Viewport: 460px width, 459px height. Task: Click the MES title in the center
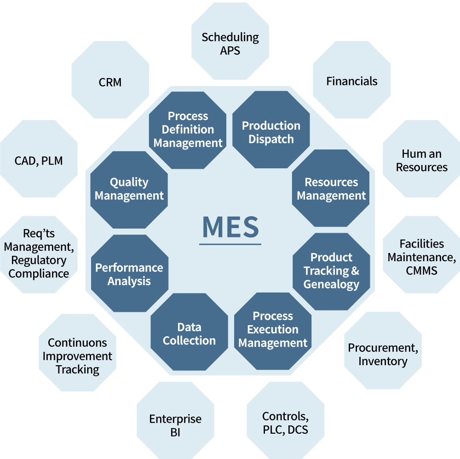tap(230, 227)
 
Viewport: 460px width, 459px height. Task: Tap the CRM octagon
tap(110, 82)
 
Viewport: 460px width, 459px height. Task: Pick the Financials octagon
tap(352, 81)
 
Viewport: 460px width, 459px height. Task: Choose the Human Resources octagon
tap(421, 160)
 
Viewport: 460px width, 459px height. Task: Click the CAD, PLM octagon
tap(39, 161)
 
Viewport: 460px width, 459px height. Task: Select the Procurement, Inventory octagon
tap(383, 354)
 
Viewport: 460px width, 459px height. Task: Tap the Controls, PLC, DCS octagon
tap(285, 422)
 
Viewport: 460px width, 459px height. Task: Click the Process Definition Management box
tap(188, 129)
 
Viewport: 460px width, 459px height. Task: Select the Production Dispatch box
tap(271, 132)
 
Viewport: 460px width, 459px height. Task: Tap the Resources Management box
tap(331, 188)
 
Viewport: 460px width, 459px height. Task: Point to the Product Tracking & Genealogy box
tap(331, 270)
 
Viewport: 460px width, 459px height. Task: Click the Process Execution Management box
tap(273, 329)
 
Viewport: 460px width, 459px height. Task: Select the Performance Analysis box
tap(129, 274)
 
